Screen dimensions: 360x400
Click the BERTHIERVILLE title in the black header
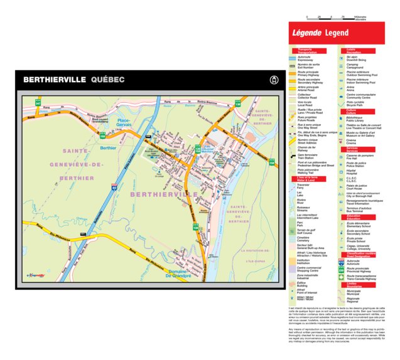[x=55, y=80]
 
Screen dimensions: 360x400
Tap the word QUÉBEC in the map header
[x=107, y=80]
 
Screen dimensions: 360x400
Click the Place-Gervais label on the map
[x=124, y=122]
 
